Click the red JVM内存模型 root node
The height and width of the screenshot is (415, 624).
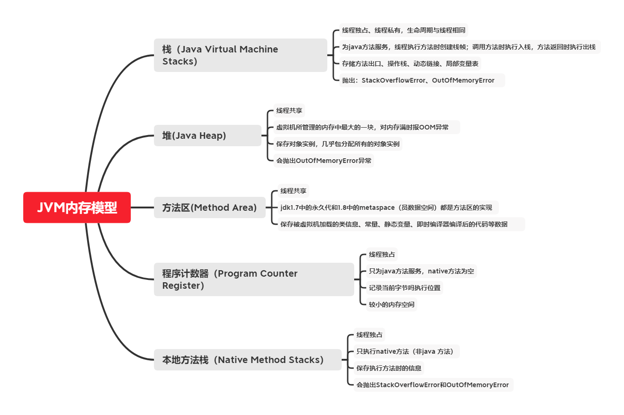tap(77, 207)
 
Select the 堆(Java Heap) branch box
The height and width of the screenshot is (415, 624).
tap(208, 136)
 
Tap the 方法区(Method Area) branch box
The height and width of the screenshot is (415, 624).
tap(210, 207)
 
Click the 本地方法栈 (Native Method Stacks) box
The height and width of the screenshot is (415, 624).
tap(248, 359)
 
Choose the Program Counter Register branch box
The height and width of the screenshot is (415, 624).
tap(254, 279)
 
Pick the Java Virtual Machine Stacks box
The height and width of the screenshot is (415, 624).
tap(241, 55)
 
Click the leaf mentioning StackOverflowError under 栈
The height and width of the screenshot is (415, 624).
tap(422, 80)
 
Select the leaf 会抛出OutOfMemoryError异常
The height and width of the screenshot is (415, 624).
tap(324, 161)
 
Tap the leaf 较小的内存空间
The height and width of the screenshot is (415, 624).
tap(391, 304)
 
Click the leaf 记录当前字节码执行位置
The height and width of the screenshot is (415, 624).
tap(404, 287)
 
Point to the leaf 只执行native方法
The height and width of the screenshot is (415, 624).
tap(407, 351)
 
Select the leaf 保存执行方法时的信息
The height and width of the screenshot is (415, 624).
tap(389, 368)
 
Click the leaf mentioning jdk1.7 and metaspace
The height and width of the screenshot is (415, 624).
tap(388, 207)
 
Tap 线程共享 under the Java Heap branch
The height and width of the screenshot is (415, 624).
tap(289, 110)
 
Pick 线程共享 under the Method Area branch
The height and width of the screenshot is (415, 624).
tap(293, 191)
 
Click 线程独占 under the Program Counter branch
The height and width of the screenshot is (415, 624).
tap(382, 254)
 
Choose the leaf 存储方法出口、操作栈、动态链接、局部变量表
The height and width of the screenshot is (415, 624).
tap(410, 64)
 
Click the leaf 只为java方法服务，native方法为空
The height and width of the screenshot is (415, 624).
tap(421, 271)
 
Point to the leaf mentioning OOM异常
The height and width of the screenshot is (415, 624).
tap(367, 127)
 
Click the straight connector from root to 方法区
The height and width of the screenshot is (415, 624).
tap(142, 207)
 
